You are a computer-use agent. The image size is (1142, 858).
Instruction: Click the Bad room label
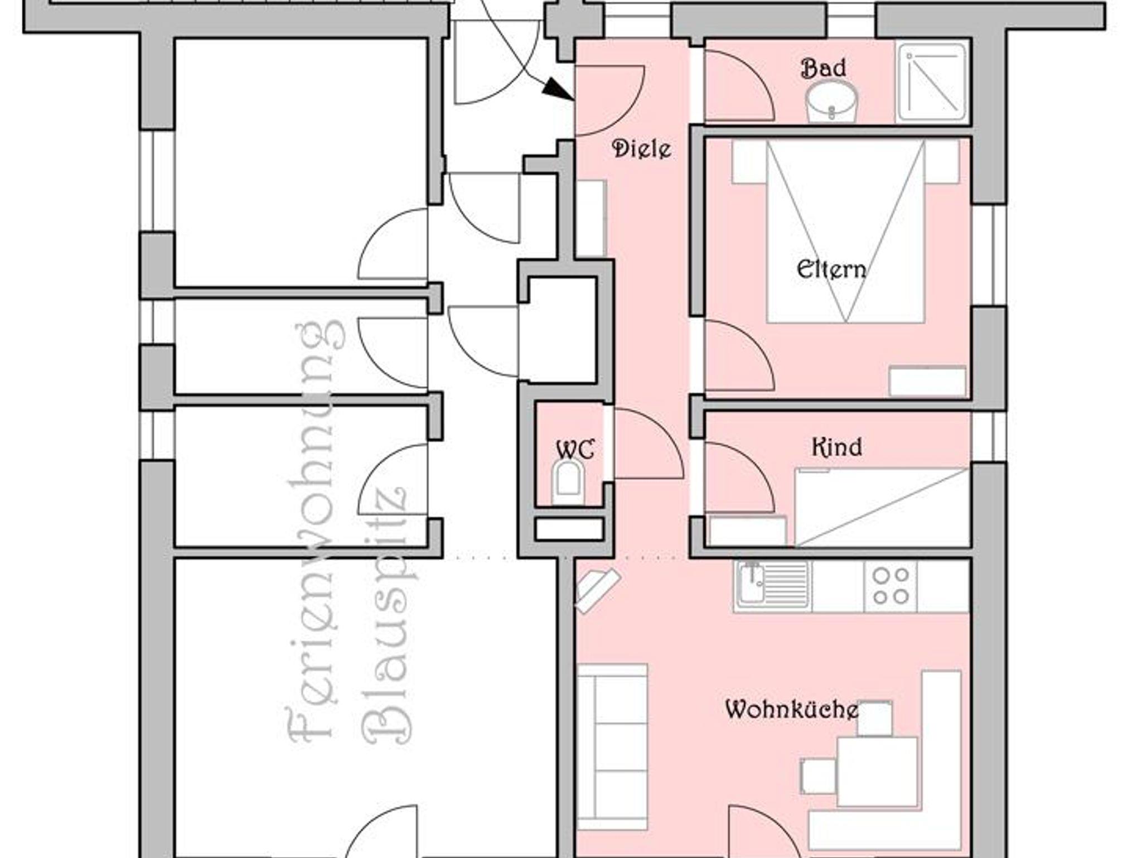click(x=823, y=68)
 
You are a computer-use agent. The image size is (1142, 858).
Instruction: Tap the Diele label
click(x=641, y=149)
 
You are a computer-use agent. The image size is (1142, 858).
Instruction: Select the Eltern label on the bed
click(x=831, y=269)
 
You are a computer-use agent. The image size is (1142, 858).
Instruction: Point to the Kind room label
click(x=836, y=447)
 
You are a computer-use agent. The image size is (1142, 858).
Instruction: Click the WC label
click(x=575, y=450)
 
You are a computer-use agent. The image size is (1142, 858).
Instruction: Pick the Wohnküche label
click(x=792, y=710)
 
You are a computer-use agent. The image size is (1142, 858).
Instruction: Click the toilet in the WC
click(x=568, y=482)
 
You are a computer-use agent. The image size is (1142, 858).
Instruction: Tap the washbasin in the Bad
click(x=831, y=102)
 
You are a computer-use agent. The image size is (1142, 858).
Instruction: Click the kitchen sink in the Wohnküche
click(x=773, y=586)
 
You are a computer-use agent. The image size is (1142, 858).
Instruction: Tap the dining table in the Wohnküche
click(x=877, y=772)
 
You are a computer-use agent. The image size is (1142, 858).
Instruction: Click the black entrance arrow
click(x=558, y=89)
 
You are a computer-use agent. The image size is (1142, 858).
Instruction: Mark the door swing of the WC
click(x=649, y=444)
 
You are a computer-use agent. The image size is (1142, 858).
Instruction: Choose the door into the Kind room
click(x=739, y=478)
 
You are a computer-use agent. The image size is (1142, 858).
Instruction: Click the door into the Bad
click(x=739, y=85)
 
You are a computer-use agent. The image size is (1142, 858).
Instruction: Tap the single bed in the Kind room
click(x=881, y=507)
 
